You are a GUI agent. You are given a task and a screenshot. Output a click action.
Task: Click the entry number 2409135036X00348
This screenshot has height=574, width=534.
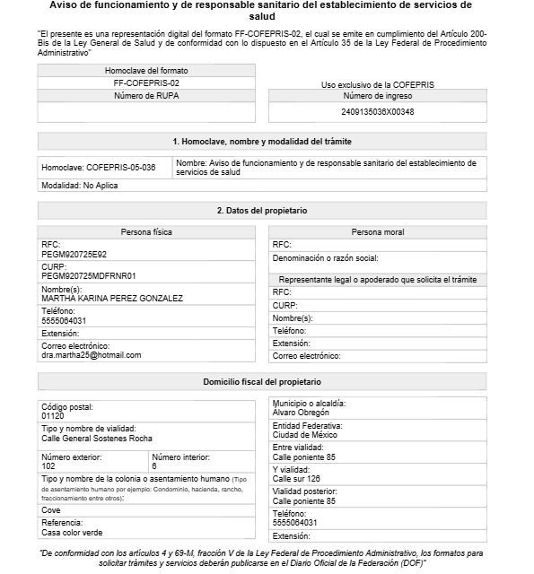(377, 112)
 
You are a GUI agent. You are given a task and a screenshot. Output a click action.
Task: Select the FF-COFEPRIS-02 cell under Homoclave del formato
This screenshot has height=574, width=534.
(146, 83)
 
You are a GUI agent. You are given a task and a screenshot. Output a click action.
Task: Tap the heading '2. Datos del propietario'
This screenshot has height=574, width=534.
(262, 210)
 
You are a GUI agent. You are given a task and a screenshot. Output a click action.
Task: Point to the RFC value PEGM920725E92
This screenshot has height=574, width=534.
(74, 254)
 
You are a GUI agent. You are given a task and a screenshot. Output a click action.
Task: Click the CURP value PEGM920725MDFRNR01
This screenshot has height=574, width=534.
(88, 275)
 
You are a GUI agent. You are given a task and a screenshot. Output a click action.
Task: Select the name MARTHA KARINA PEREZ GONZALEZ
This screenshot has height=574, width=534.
(112, 298)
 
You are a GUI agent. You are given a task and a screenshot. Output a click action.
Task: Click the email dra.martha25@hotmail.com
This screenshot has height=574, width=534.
(92, 355)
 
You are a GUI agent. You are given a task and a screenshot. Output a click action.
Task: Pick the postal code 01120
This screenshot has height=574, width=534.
(53, 416)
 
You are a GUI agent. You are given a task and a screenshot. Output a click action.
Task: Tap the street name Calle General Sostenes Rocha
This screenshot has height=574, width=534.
(97, 439)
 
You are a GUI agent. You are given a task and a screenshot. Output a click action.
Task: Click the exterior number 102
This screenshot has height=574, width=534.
(48, 466)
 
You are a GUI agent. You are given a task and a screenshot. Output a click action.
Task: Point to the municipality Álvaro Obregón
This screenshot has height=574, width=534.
(302, 413)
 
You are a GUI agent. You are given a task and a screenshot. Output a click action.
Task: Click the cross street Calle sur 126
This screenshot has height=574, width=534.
(296, 479)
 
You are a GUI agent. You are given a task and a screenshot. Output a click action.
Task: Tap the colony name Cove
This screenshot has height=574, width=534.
(51, 509)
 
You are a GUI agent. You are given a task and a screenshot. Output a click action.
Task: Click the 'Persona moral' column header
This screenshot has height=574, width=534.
(377, 232)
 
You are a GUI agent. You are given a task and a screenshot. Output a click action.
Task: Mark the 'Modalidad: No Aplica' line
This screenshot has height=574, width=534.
(80, 186)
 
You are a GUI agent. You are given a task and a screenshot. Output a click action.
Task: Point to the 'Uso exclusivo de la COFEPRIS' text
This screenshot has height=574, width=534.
(377, 84)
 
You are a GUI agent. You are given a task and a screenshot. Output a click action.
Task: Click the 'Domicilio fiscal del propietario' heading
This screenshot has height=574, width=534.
(262, 382)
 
